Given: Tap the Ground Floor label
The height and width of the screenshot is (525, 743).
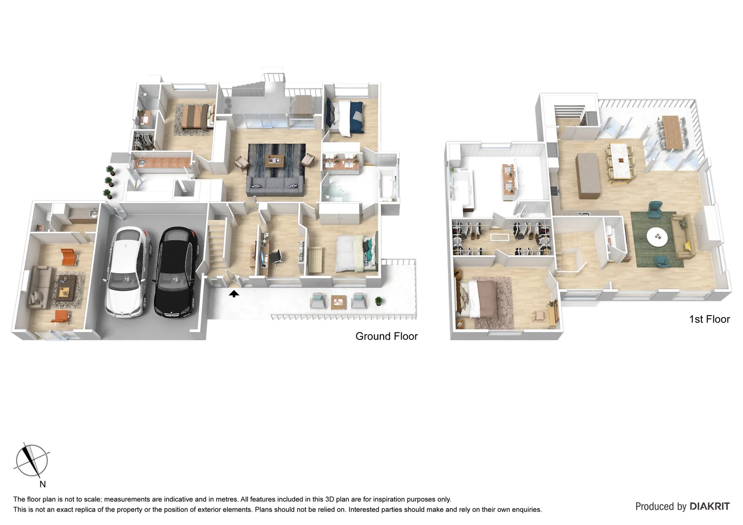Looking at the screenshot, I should (x=387, y=336).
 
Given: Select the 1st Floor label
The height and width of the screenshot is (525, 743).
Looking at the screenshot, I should (x=709, y=319).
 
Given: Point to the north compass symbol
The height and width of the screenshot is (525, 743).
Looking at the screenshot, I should (x=32, y=460).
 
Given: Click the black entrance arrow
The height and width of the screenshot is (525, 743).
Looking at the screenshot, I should (x=234, y=293).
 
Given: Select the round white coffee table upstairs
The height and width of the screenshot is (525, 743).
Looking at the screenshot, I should (x=657, y=237).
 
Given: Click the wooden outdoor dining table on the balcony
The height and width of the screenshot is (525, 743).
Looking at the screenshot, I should (x=672, y=131).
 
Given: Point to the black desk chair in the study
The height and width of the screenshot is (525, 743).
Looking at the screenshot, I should (x=276, y=256).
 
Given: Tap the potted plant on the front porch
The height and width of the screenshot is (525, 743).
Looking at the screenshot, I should (x=378, y=301).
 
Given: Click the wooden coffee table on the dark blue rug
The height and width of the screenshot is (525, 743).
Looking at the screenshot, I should (x=276, y=160).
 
